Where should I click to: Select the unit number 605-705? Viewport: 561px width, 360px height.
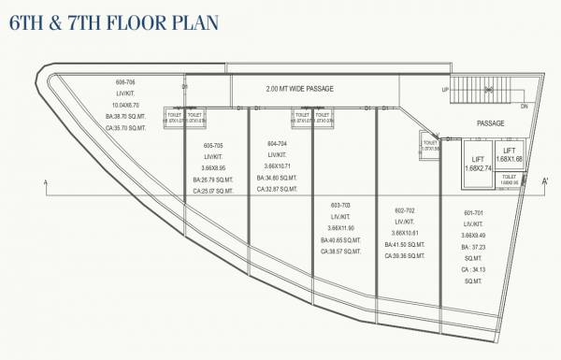(x=212, y=146)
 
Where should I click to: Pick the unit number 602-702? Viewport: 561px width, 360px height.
(x=404, y=210)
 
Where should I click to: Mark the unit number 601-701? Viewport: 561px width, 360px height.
(x=474, y=213)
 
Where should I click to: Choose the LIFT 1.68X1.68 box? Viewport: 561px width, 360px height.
(x=510, y=154)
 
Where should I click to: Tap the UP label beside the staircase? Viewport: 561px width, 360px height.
(x=445, y=89)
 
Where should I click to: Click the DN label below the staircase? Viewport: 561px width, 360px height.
(x=525, y=106)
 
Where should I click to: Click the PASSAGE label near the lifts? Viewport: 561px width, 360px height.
(x=490, y=122)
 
